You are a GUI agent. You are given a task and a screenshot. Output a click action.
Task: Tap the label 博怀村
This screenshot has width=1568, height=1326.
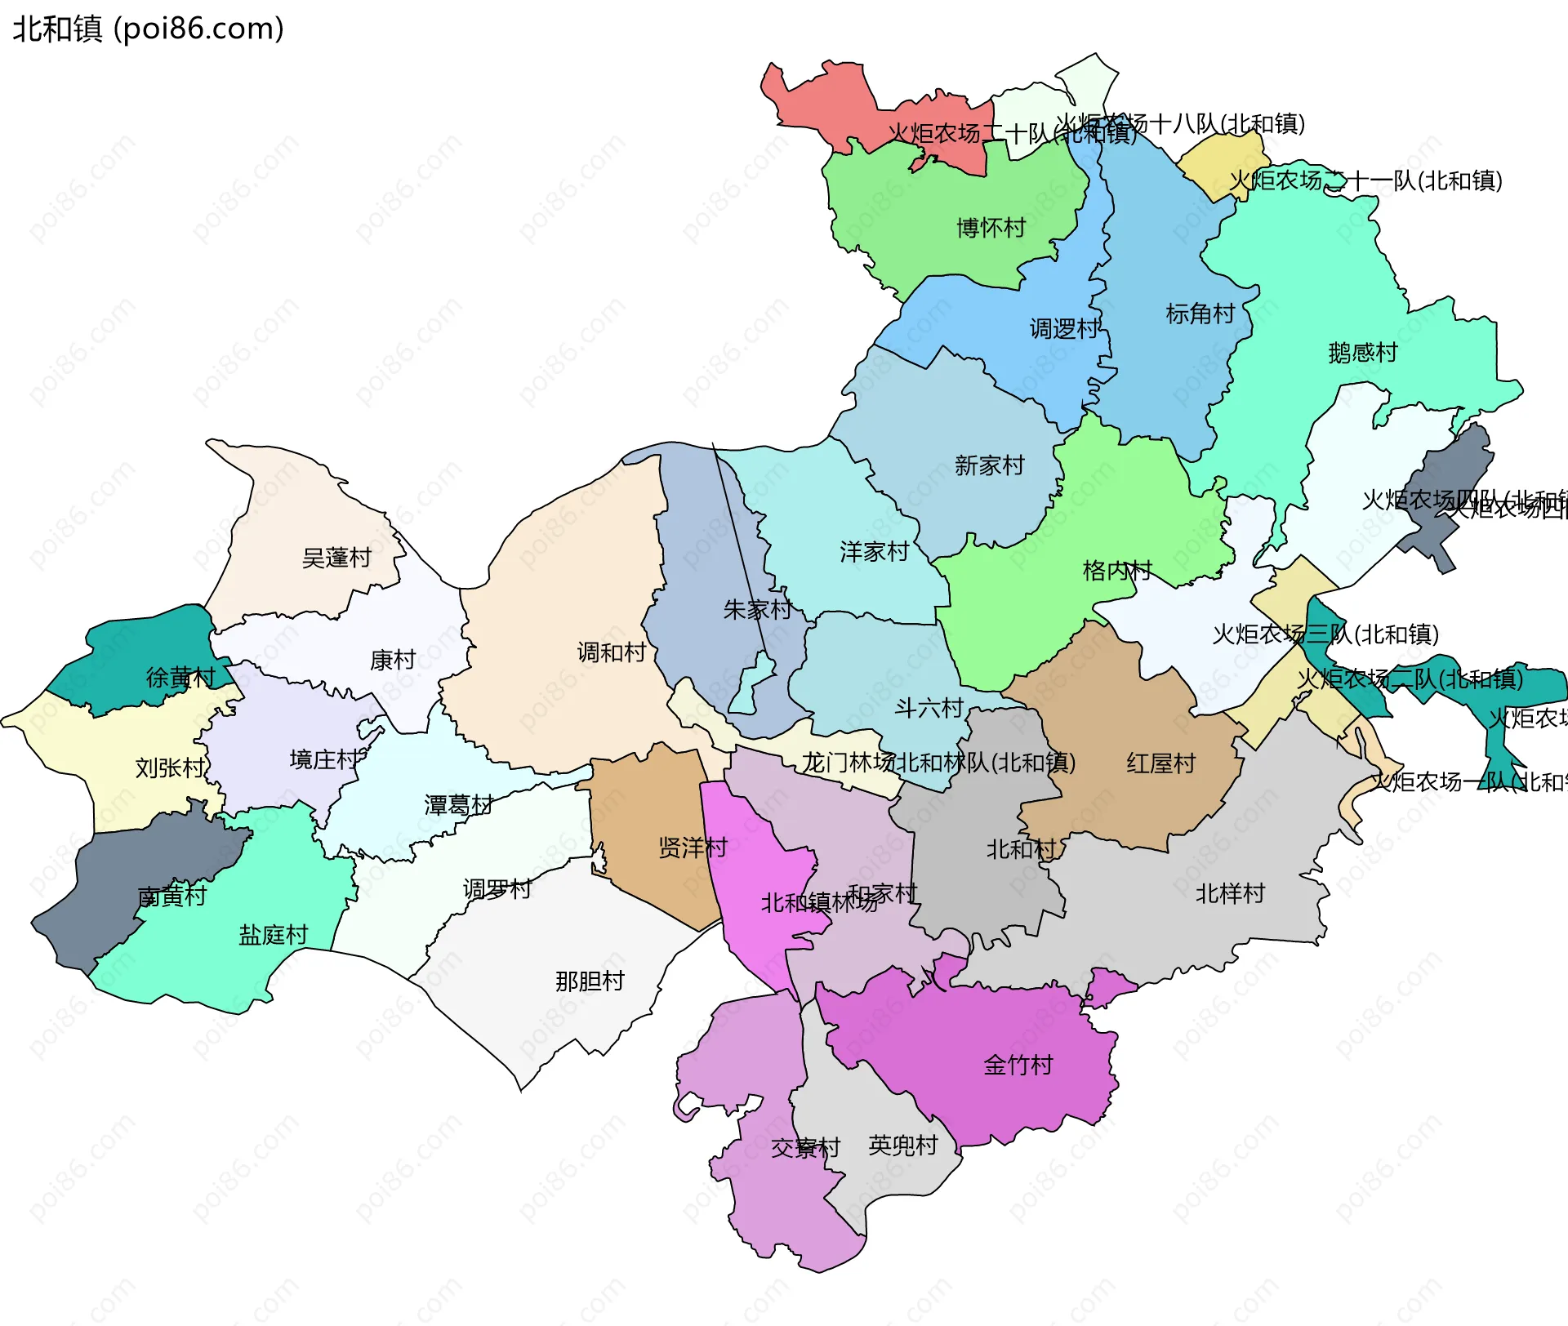(x=991, y=228)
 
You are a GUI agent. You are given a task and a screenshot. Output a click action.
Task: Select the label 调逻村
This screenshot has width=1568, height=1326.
(x=1064, y=329)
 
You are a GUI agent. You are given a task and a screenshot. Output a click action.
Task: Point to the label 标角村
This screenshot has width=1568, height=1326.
(x=1200, y=314)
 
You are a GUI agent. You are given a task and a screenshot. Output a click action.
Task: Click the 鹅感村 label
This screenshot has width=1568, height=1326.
(x=1362, y=353)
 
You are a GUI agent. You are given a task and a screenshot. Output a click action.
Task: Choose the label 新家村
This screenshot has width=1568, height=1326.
(x=989, y=465)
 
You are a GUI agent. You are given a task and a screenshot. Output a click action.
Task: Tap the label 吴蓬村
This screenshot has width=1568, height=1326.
(x=336, y=558)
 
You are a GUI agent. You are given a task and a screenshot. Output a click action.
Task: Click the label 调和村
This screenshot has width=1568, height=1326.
(x=611, y=652)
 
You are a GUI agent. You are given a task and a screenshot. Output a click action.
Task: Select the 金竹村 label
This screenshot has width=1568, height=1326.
(x=1018, y=1065)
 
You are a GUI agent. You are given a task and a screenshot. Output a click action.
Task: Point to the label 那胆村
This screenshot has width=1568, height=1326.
(x=590, y=981)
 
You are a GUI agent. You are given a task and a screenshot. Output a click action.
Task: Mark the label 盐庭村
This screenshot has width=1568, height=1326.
(x=273, y=935)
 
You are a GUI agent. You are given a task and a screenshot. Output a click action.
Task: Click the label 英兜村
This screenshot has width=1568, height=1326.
(x=902, y=1145)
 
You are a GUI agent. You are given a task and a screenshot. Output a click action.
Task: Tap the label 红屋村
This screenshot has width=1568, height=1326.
(x=1160, y=763)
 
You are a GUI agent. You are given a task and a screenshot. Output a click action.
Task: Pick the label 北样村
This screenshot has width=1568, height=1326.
(x=1230, y=893)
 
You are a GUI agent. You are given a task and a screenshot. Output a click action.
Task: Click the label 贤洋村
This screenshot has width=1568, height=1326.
(x=693, y=848)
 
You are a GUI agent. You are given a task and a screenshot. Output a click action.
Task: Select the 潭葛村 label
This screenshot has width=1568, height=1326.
(x=458, y=805)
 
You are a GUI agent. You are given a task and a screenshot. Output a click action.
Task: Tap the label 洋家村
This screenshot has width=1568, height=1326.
(x=874, y=552)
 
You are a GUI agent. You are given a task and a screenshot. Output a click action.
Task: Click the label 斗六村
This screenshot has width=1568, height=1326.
(x=929, y=708)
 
